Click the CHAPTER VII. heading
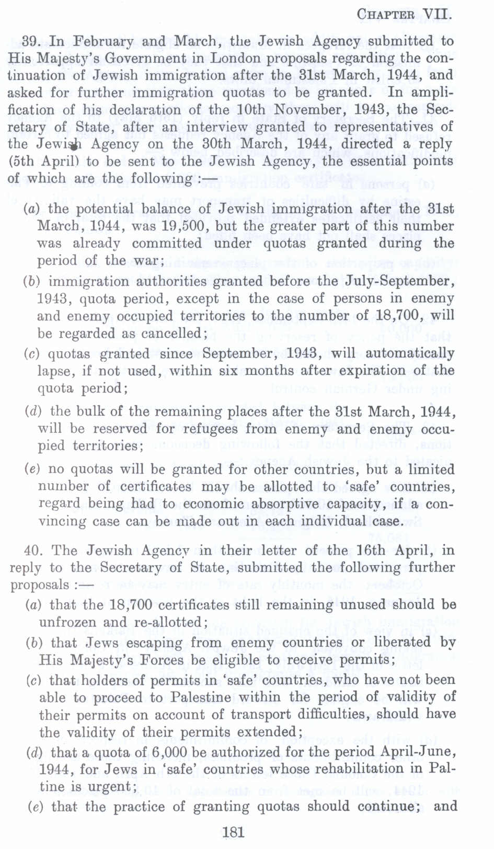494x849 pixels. point(404,15)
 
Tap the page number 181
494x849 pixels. point(233,832)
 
